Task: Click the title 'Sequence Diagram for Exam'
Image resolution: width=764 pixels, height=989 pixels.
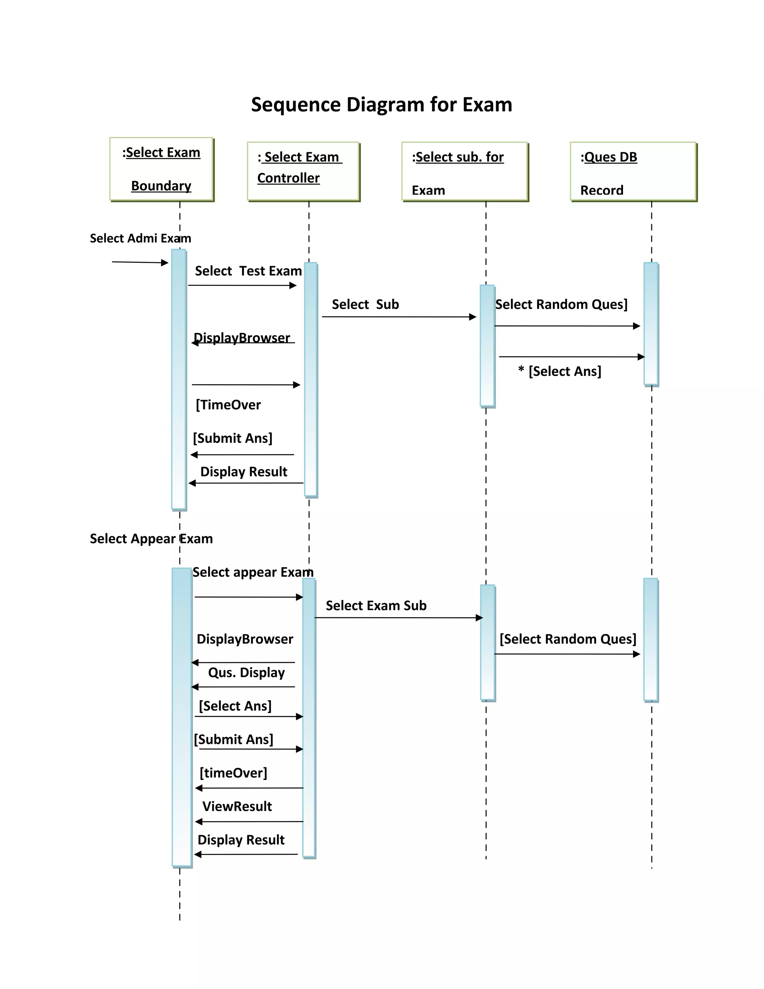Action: (x=382, y=104)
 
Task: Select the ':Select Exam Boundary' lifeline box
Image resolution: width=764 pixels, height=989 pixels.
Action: (x=162, y=169)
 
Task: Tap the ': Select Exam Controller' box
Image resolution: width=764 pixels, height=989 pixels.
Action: (x=303, y=171)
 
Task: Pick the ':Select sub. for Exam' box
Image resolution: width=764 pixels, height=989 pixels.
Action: (x=465, y=171)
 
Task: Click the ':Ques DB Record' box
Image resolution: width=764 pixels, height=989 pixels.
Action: (x=633, y=171)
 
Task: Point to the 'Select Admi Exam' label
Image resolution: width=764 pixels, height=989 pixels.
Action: (x=140, y=238)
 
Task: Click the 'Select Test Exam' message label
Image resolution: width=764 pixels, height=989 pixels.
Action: (x=248, y=271)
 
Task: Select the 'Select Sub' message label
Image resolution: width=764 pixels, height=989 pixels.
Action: (x=365, y=304)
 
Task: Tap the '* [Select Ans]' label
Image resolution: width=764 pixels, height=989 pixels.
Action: (x=560, y=371)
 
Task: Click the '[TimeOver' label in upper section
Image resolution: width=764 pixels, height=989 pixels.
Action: (x=228, y=405)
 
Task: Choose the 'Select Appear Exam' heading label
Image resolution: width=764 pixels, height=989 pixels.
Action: (x=151, y=539)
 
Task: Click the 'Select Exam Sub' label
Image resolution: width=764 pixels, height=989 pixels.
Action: (x=376, y=606)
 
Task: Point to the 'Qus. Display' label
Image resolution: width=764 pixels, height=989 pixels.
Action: (x=246, y=673)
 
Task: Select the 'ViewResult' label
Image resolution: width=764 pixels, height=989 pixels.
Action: (x=237, y=807)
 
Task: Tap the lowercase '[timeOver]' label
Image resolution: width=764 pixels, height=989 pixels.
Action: (x=233, y=773)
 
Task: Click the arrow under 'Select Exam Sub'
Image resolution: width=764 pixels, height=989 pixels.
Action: (x=398, y=618)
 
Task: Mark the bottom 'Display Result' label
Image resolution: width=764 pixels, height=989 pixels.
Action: (x=241, y=840)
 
